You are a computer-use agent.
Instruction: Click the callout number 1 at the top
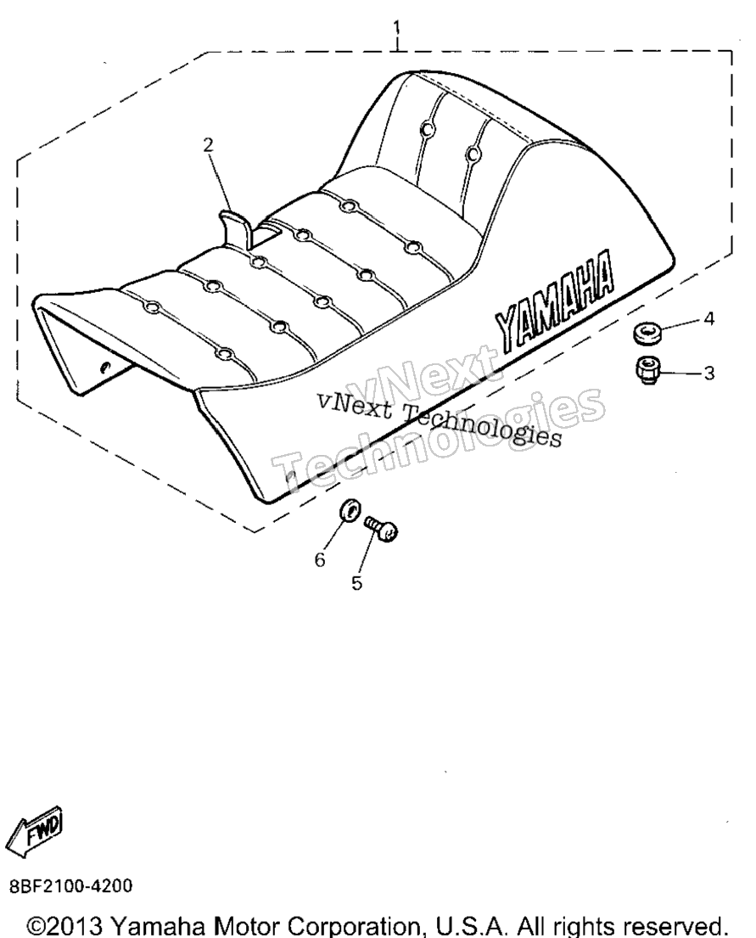point(396,27)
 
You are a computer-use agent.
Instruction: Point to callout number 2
point(208,144)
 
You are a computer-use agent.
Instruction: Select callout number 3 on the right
point(708,374)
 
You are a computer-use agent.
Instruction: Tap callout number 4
point(708,319)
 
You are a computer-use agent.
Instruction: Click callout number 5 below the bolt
point(356,583)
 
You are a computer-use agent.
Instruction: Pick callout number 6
point(320,560)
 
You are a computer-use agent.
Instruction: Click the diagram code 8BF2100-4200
point(71,885)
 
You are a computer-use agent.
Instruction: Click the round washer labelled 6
point(349,510)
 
